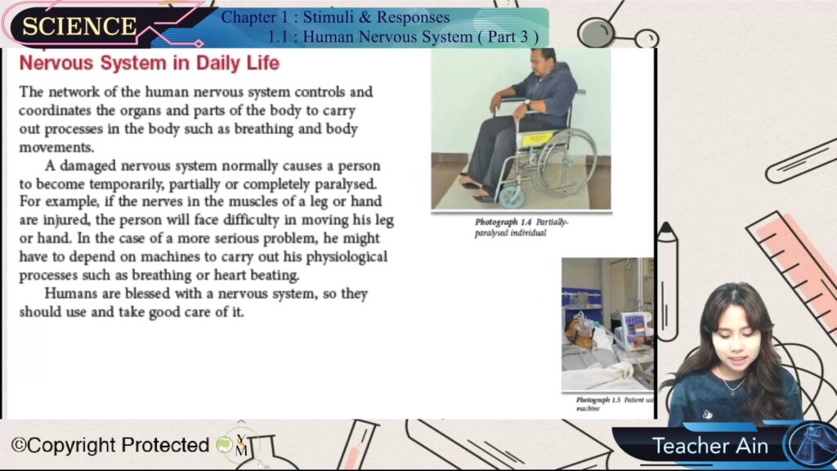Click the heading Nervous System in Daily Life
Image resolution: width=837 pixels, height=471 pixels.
[x=150, y=63]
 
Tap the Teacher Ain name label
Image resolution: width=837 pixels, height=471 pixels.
[x=710, y=446]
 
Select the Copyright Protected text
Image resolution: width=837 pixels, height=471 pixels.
[x=110, y=445]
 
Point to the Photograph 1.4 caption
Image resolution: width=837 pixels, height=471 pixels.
[x=521, y=227]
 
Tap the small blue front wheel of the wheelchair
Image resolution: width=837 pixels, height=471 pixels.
[x=510, y=197]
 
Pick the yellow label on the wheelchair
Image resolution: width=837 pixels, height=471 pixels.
[x=536, y=139]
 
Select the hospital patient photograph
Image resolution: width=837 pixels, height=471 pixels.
[x=607, y=324]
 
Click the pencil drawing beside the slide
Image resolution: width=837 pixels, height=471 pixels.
[x=667, y=282]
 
